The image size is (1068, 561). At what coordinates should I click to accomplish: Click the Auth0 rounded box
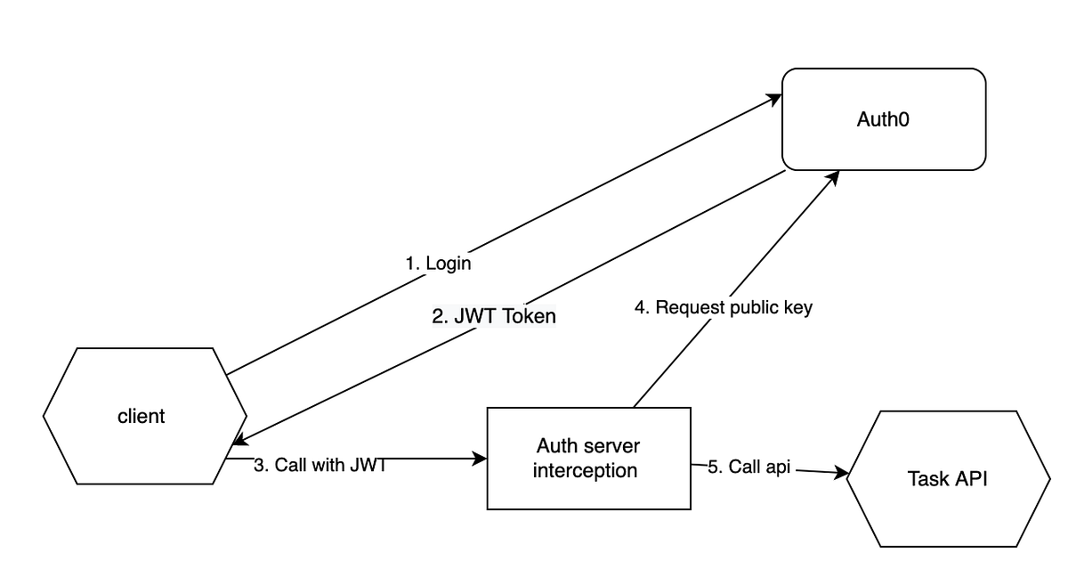coord(884,119)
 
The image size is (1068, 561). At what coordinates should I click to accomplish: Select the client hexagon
coord(142,416)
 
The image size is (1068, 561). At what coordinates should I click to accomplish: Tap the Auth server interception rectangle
coord(588,458)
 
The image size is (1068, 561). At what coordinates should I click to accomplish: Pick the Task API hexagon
coord(947,478)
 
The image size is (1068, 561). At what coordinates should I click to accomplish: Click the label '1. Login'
coord(438,264)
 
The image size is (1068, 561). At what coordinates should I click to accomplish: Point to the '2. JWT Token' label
coord(494,315)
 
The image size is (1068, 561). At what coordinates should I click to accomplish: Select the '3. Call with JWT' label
coord(320,465)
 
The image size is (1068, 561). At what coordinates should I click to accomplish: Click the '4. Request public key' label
coord(723,308)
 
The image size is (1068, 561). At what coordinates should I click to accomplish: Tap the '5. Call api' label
coord(748,467)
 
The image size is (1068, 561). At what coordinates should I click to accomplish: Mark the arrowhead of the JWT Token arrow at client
coord(238,442)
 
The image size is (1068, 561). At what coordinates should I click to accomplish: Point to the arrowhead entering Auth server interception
coord(481,459)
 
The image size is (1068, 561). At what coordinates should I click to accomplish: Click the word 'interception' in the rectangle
coord(585,470)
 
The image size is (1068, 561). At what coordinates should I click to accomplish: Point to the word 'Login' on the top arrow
coord(448,264)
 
